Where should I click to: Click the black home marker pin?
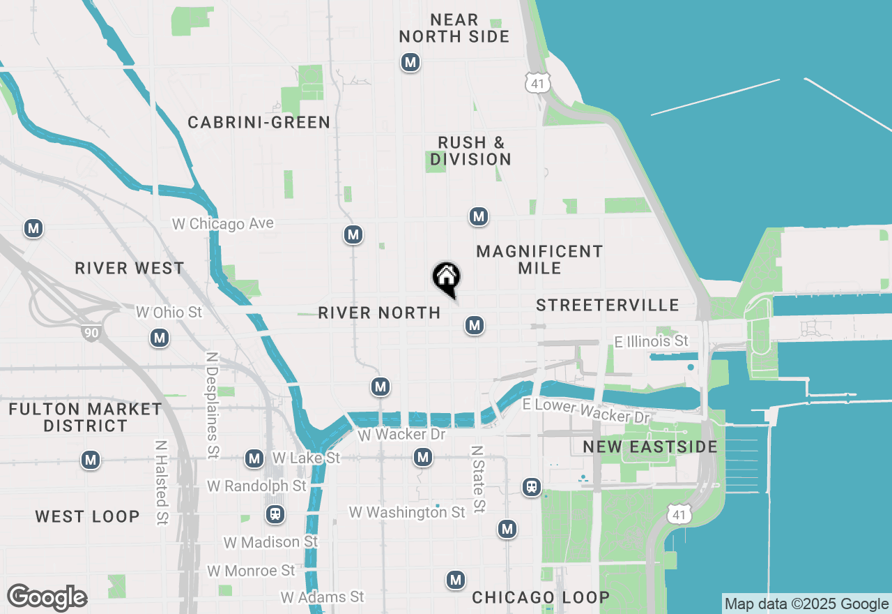click(x=446, y=278)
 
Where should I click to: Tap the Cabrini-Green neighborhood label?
click(x=259, y=123)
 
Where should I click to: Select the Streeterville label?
click(x=608, y=305)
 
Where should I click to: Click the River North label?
click(x=379, y=313)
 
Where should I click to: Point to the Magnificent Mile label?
click(x=539, y=260)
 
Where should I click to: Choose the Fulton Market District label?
click(x=86, y=417)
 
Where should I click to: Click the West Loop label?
click(x=88, y=516)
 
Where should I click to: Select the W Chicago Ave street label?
click(x=223, y=224)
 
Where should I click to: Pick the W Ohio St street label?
click(x=169, y=312)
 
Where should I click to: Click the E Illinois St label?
click(x=651, y=341)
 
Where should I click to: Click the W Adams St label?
click(x=322, y=597)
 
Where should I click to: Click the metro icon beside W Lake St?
click(x=254, y=458)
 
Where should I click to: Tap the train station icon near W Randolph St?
click(x=275, y=515)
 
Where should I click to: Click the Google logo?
click(x=47, y=598)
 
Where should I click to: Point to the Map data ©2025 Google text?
click(x=807, y=604)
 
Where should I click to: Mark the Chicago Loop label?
click(x=541, y=597)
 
